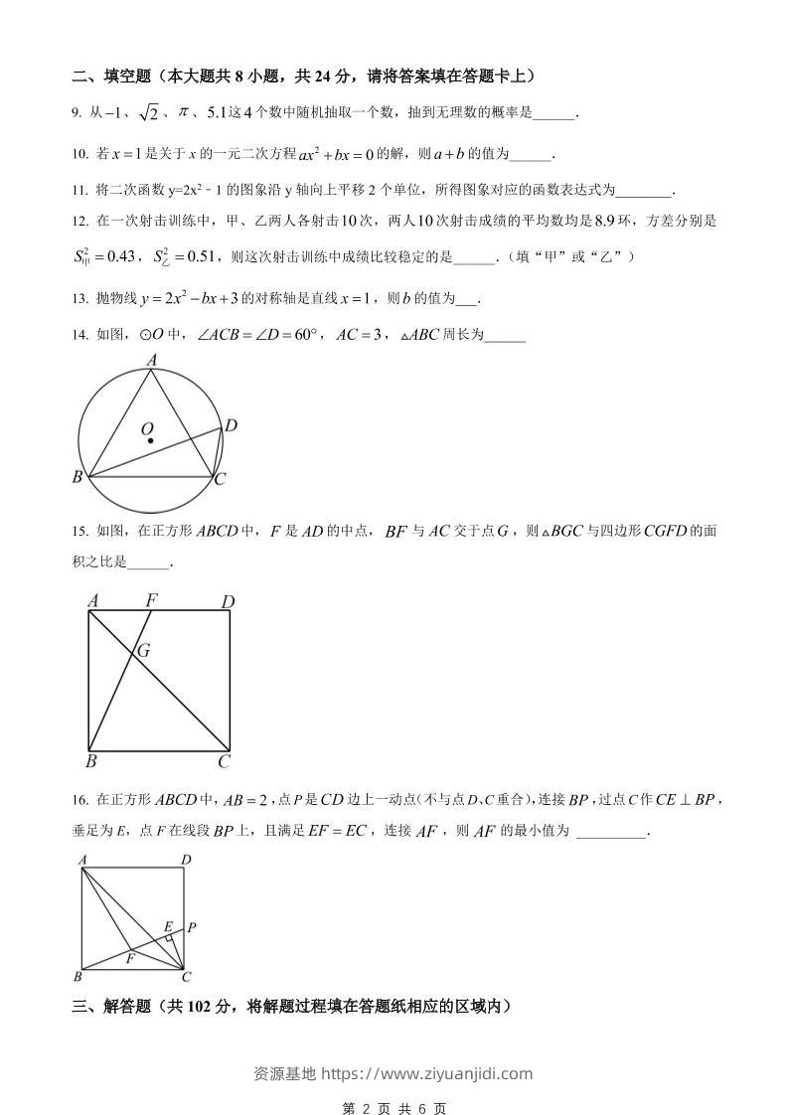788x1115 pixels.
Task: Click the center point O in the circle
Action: (150, 439)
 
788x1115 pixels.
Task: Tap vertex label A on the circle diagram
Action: (152, 360)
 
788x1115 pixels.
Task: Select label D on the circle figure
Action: (231, 425)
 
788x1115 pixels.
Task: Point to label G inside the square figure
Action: (144, 651)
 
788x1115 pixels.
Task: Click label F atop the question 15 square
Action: (152, 600)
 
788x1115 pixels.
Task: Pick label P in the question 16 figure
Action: (191, 927)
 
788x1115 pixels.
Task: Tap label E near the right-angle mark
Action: (168, 926)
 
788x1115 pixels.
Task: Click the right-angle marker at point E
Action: (171, 938)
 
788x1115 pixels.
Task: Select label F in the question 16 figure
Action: (129, 958)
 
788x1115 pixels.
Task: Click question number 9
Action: (76, 113)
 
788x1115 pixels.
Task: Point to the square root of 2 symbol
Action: (147, 113)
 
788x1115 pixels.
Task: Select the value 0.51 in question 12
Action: (201, 257)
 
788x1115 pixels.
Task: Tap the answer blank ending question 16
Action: (610, 831)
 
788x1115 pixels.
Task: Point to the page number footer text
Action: (394, 1108)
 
